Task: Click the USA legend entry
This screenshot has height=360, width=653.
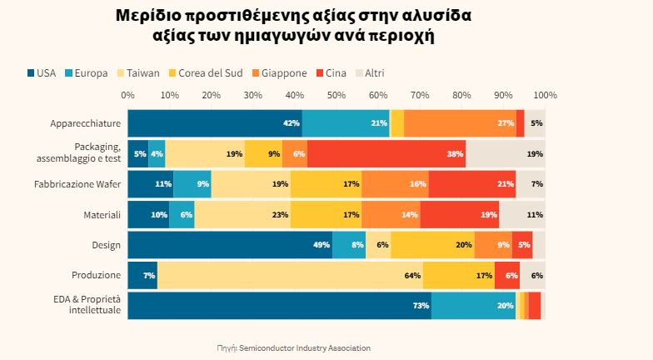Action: pyautogui.click(x=41, y=72)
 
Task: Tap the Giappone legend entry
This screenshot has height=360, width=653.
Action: pyautogui.click(x=279, y=72)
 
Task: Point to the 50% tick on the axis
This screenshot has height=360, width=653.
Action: pyautogui.click(x=336, y=94)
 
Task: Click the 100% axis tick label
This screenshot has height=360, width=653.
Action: pyautogui.click(x=545, y=94)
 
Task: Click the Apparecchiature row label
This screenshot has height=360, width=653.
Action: pyautogui.click(x=85, y=123)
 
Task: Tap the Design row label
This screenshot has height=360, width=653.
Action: pyautogui.click(x=106, y=245)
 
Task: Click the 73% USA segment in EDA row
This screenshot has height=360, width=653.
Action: pyautogui.click(x=279, y=306)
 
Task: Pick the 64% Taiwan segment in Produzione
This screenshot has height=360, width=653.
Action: pyautogui.click(x=290, y=275)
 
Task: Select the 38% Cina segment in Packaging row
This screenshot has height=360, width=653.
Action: pyautogui.click(x=386, y=154)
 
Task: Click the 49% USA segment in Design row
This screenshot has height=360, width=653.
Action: pyautogui.click(x=230, y=245)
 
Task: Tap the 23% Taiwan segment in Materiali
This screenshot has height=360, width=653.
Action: pyautogui.click(x=242, y=214)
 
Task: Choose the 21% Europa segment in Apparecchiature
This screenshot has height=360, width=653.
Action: pyautogui.click(x=346, y=123)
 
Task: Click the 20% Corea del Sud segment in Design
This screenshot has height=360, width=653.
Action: pyautogui.click(x=432, y=245)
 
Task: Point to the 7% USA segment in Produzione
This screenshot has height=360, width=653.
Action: pyautogui.click(x=142, y=275)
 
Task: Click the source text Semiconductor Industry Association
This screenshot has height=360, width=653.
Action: pyautogui.click(x=304, y=347)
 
